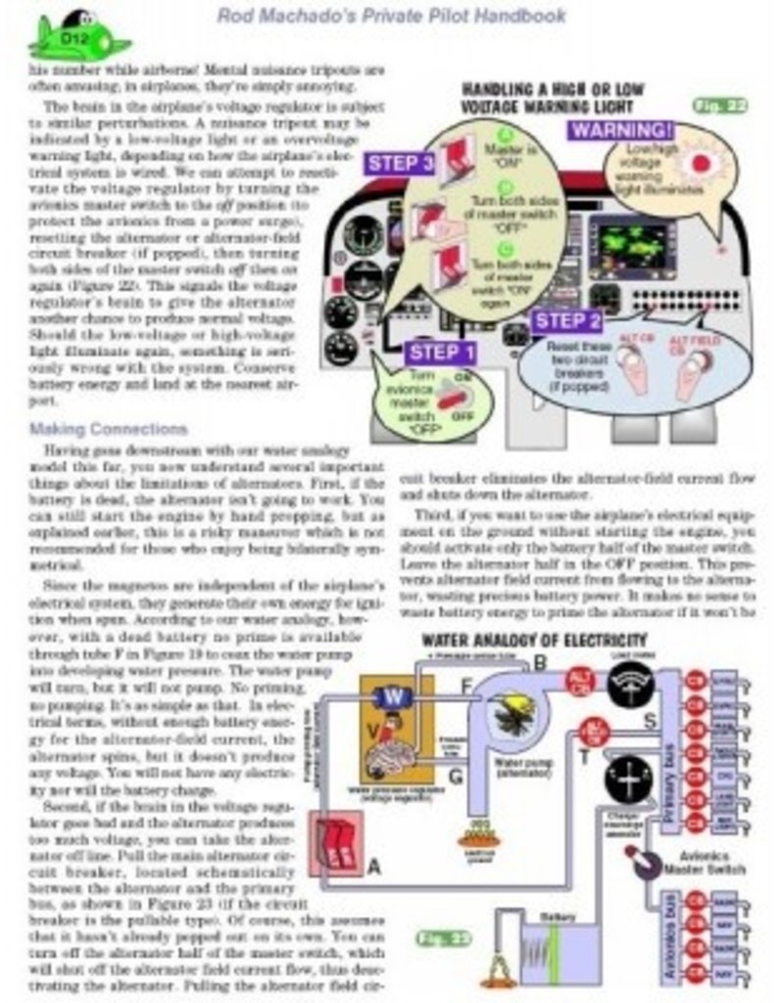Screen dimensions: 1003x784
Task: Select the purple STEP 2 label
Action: [x=568, y=321]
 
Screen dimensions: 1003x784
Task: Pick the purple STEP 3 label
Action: [x=400, y=163]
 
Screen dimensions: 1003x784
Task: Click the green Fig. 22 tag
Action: [x=719, y=105]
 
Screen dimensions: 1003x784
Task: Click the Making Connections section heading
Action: [x=108, y=429]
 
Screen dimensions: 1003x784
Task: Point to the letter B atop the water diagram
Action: [x=539, y=663]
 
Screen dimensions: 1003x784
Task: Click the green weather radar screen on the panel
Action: [x=627, y=247]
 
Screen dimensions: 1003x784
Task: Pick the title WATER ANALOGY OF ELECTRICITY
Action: [x=534, y=641]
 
